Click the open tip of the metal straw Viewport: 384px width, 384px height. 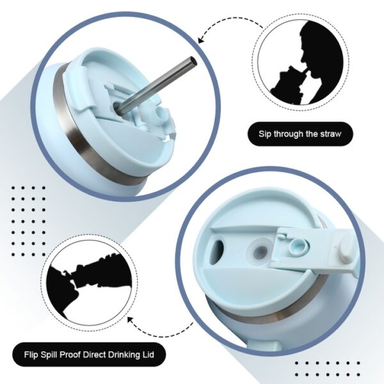click(193, 61)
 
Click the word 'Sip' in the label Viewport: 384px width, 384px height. click(265, 134)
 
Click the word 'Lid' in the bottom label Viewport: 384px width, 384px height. click(148, 355)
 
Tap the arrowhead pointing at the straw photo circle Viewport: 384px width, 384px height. click(200, 40)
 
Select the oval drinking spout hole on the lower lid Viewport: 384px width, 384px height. click(217, 252)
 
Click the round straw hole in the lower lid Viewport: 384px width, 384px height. click(261, 250)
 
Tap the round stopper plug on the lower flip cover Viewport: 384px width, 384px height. click(298, 247)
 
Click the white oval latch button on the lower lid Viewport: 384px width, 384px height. click(345, 246)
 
